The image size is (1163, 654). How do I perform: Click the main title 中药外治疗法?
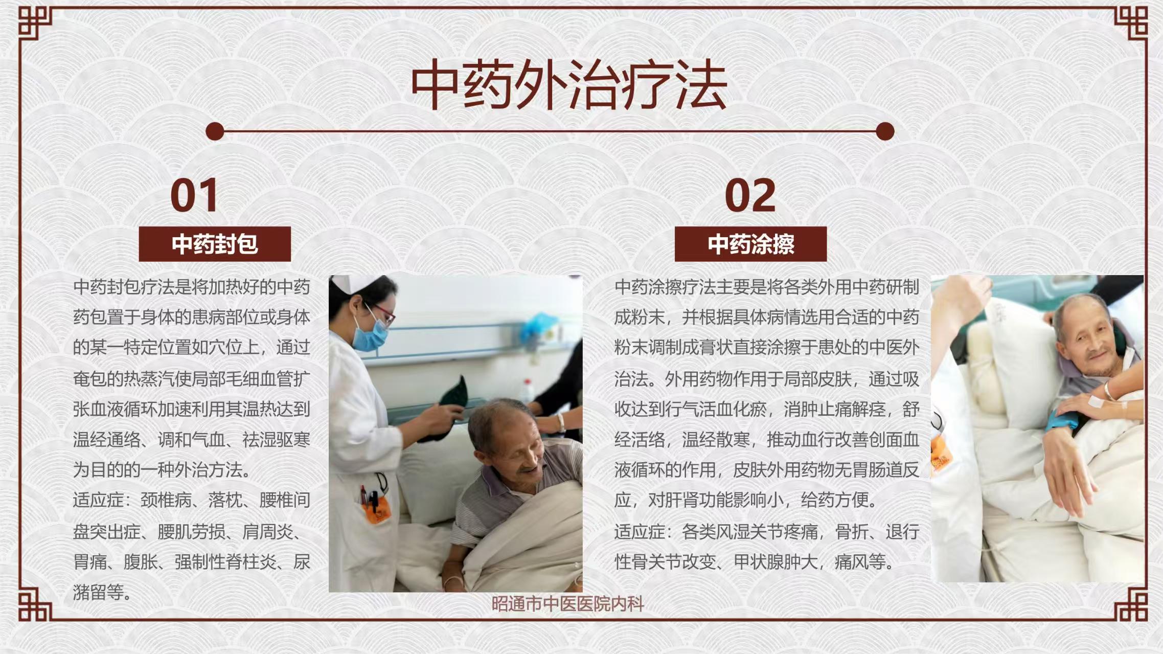[x=568, y=85]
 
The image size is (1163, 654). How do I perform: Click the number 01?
[x=195, y=195]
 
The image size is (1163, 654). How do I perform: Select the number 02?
[x=750, y=195]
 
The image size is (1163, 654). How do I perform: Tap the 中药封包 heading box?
[x=215, y=244]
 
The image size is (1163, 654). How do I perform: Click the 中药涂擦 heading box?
[x=750, y=244]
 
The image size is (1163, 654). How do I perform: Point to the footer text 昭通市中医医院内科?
[x=567, y=604]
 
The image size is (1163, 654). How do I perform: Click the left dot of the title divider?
[x=215, y=131]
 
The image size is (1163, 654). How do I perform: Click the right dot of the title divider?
[x=885, y=131]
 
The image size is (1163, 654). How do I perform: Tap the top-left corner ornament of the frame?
[x=35, y=23]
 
